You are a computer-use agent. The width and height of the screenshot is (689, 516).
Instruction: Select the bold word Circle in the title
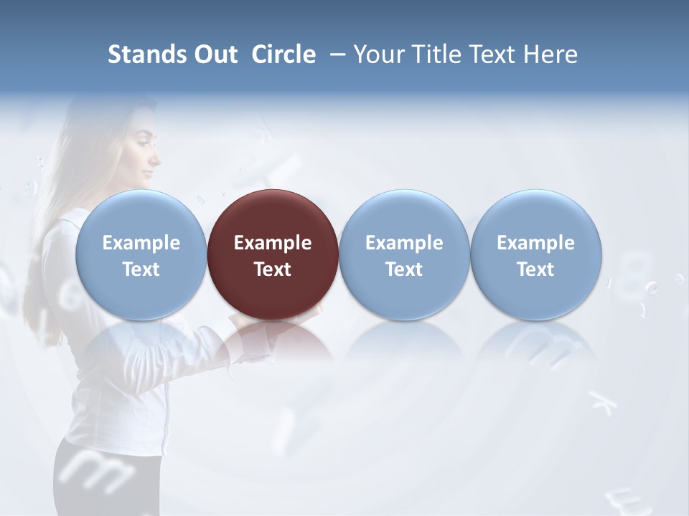click(x=283, y=54)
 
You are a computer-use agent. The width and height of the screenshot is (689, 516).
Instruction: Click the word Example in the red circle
click(x=273, y=243)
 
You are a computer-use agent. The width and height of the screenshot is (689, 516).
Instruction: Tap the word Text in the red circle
click(x=273, y=269)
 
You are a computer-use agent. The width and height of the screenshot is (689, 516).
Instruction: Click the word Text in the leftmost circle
click(x=141, y=269)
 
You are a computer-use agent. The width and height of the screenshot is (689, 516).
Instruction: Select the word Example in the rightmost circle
click(x=536, y=243)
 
